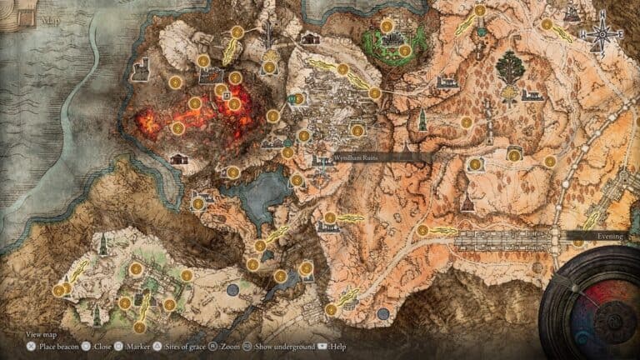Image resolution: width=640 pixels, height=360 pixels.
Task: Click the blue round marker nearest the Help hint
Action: tap(382, 314)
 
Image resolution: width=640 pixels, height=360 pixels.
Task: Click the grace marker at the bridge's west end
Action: tap(422, 231)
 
